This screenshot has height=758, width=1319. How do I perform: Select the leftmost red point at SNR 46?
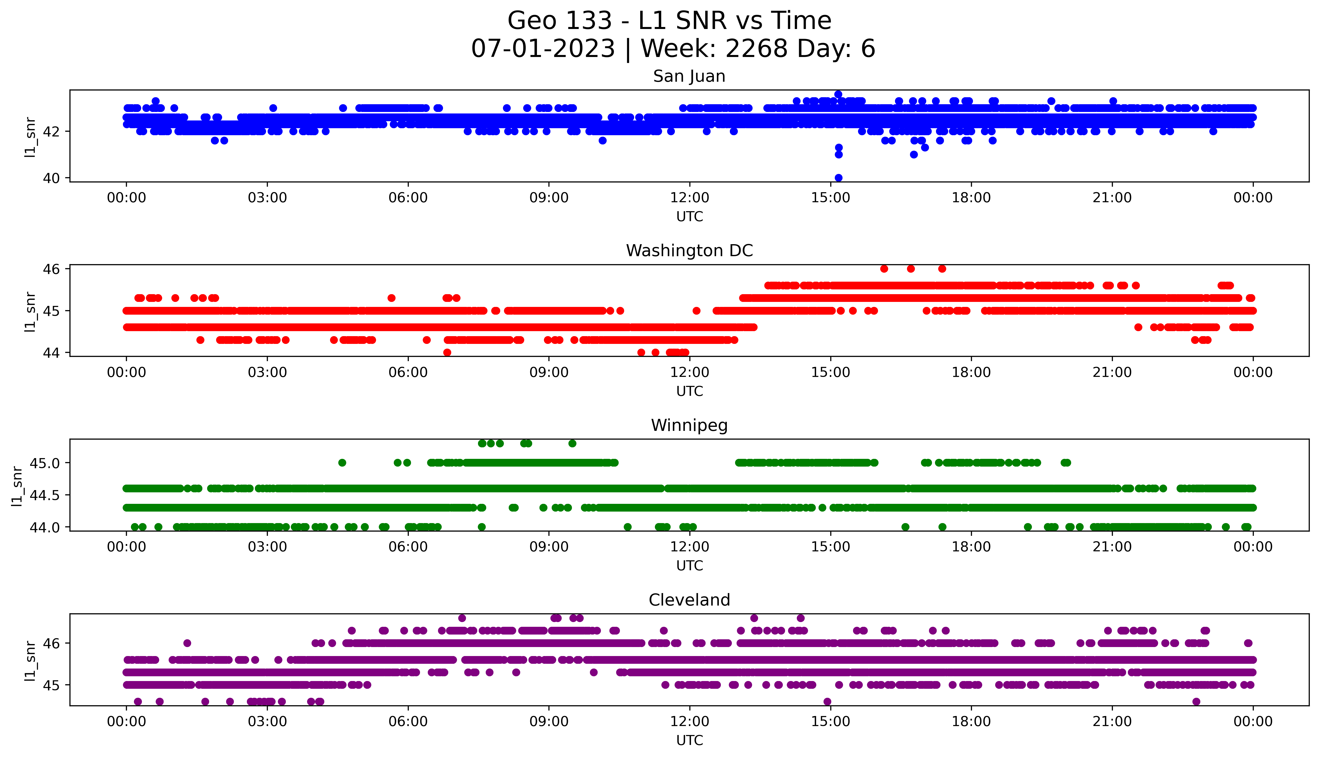884,269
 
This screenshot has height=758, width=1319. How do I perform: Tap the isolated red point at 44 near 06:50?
447,352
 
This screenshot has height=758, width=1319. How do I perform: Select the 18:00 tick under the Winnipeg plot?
971,547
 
